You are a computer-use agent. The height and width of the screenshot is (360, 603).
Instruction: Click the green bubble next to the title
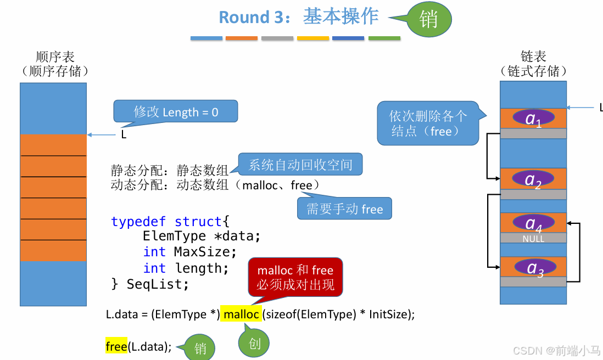pyautogui.click(x=428, y=20)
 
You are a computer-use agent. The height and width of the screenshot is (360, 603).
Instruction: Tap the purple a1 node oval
pyautogui.click(x=533, y=118)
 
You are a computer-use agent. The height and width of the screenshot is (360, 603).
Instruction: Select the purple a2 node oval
pyautogui.click(x=533, y=179)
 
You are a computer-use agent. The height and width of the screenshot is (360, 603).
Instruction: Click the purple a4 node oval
pyautogui.click(x=533, y=222)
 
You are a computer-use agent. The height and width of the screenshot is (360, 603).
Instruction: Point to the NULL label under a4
pyautogui.click(x=533, y=239)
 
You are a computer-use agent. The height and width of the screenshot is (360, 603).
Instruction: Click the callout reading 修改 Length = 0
pyautogui.click(x=176, y=112)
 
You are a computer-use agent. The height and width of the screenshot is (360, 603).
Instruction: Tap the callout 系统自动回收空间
pyautogui.click(x=300, y=164)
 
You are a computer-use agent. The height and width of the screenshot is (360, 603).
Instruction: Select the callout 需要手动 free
pyautogui.click(x=344, y=209)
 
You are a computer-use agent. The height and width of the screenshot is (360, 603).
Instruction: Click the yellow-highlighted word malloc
pyautogui.click(x=241, y=314)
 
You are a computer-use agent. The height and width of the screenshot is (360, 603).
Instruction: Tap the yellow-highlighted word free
pyautogui.click(x=116, y=346)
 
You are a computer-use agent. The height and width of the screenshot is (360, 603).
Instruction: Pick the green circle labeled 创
pyautogui.click(x=254, y=344)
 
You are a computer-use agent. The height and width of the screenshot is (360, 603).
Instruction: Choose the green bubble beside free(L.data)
pyautogui.click(x=199, y=348)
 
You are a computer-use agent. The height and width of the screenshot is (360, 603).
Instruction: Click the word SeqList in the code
pyautogui.click(x=158, y=284)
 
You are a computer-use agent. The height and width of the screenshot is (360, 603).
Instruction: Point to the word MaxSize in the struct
pyautogui.click(x=205, y=252)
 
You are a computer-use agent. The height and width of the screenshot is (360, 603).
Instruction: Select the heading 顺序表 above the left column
pyautogui.click(x=54, y=57)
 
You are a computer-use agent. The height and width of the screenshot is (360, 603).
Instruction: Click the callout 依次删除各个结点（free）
pyautogui.click(x=428, y=123)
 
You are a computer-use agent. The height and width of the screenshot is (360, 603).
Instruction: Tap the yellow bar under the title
pyautogui.click(x=313, y=38)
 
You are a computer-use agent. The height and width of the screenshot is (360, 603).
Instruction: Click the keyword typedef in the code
pyautogui.click(x=139, y=221)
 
